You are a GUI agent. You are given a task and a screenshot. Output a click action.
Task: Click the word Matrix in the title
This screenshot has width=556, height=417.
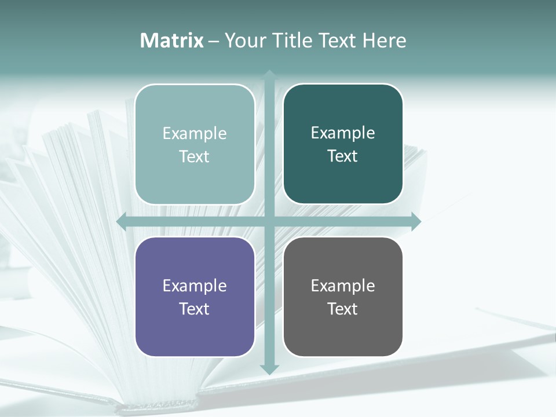[x=172, y=41]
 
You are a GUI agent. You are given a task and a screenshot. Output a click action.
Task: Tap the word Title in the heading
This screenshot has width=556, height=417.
[x=292, y=41]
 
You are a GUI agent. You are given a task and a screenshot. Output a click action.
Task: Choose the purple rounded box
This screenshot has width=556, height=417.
[x=195, y=330]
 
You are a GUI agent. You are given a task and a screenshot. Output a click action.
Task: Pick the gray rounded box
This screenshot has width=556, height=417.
[x=343, y=330]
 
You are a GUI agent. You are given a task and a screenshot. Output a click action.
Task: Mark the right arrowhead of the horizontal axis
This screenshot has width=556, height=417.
[x=416, y=221]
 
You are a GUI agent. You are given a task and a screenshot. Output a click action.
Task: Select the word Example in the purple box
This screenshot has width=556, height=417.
[x=195, y=286]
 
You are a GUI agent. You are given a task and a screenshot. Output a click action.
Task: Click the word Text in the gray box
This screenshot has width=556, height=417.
[x=343, y=309]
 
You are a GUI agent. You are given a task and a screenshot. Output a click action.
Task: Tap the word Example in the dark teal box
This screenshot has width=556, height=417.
[x=343, y=133]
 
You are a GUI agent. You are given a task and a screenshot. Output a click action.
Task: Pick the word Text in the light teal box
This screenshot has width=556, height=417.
[x=195, y=156]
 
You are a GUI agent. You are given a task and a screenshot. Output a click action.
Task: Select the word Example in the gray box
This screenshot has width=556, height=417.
[x=343, y=286]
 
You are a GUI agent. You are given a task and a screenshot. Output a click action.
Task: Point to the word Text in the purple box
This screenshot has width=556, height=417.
[x=195, y=309]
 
